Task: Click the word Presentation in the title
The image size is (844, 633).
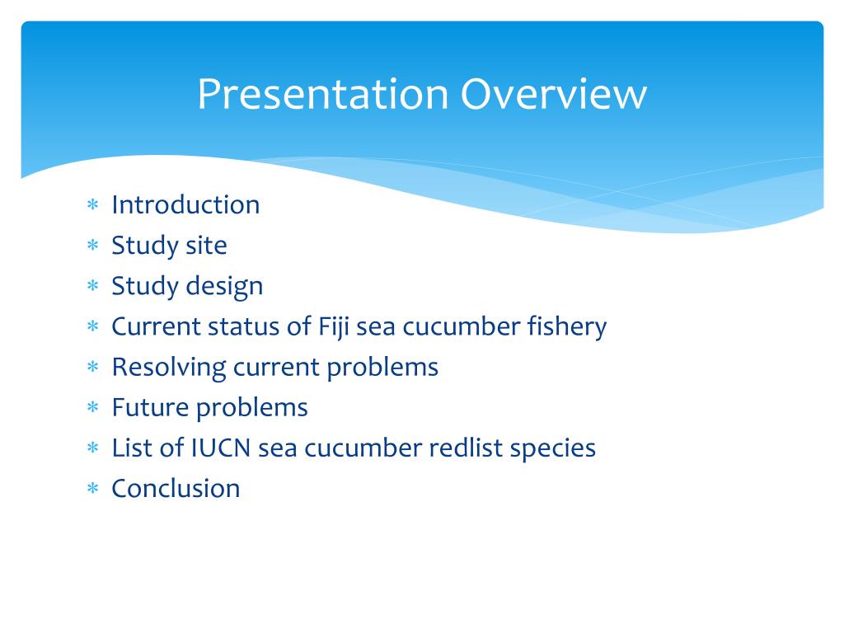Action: pos(323,94)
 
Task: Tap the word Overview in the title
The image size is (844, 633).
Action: pos(553,94)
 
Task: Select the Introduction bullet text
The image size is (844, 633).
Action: pos(185,204)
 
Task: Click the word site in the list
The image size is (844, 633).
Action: pos(206,246)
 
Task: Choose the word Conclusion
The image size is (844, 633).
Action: pos(176,489)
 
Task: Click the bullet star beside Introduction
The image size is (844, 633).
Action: pos(93,204)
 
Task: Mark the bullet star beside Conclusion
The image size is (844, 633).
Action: pos(93,488)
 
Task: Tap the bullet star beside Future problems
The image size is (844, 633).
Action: pos(93,407)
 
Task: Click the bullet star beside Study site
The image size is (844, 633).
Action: pos(93,245)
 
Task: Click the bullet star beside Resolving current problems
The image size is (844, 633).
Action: pos(93,367)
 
